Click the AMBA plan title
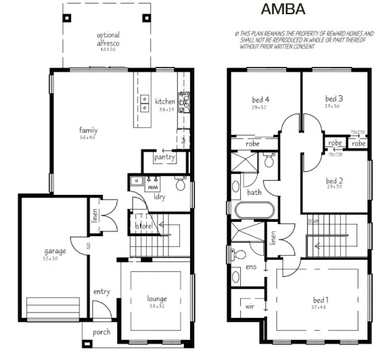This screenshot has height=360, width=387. [x=283, y=9]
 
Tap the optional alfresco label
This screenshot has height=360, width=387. [x=108, y=39]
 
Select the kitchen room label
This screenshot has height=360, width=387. [x=165, y=102]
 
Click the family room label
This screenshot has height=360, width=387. [x=88, y=131]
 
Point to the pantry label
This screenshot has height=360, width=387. [x=164, y=158]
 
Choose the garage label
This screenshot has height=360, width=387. [x=55, y=251]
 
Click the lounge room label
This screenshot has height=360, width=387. [x=157, y=298]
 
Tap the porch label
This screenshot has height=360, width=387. [x=102, y=332]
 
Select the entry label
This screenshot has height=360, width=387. [x=101, y=292]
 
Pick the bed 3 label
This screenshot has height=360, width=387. [x=334, y=99]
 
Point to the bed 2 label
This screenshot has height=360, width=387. [x=334, y=181]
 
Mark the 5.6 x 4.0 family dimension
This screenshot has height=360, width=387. [x=88, y=138]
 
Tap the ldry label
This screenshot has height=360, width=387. [x=160, y=198]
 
